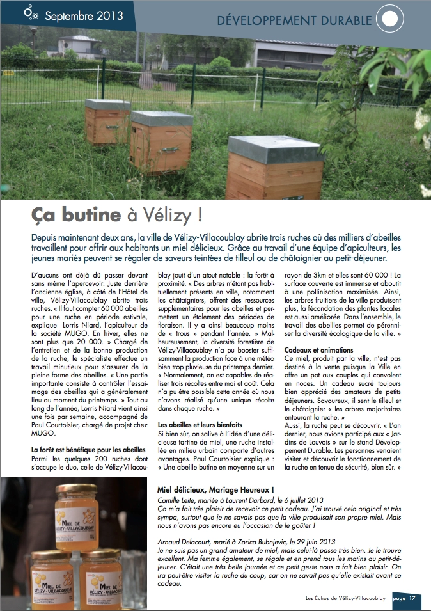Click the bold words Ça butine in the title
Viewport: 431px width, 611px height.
[x=76, y=214]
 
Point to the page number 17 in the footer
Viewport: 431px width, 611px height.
[x=412, y=599]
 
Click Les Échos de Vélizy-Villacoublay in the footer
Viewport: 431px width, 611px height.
[x=346, y=599]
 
